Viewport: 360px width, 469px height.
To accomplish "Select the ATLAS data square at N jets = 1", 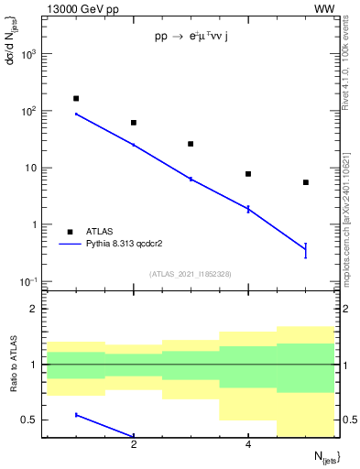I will point(76,98).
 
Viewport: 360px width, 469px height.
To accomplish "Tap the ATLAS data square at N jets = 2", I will point(134,122).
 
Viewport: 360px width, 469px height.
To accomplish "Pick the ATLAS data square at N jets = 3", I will point(191,144).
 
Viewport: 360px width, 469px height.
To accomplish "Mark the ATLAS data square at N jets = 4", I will point(248,174).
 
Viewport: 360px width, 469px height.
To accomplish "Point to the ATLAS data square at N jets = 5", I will point(306,182).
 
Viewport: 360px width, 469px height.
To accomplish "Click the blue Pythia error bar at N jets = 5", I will point(306,250).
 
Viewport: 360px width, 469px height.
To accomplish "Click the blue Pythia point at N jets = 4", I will point(248,209).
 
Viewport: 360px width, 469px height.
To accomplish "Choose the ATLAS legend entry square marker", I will point(70,232).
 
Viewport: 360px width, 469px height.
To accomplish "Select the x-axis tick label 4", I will point(248,445).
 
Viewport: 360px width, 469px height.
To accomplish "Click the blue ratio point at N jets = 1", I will point(76,415).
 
